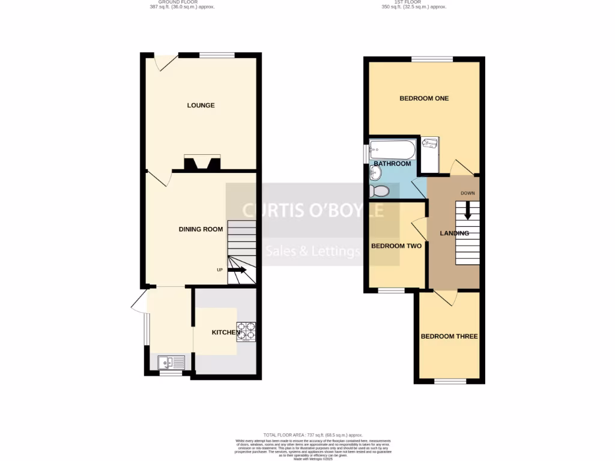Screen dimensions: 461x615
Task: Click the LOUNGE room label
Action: (201, 106)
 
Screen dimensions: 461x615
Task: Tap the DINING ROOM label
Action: (201, 229)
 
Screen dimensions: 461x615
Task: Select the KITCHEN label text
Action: (226, 333)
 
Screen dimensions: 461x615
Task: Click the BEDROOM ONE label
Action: (424, 98)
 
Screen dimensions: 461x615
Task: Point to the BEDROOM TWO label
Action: (396, 246)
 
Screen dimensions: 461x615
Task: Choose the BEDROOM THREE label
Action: (449, 336)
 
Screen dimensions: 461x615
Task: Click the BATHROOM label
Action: (392, 164)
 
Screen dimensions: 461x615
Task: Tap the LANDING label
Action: (454, 234)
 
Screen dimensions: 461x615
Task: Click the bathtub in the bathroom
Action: (392, 148)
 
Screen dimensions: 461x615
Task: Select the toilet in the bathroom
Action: (380, 191)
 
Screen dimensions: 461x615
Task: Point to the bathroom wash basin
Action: (375, 173)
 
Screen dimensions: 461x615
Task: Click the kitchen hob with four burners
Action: (247, 332)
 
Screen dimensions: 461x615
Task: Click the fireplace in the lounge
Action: (202, 163)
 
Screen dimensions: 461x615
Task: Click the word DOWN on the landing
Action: (468, 193)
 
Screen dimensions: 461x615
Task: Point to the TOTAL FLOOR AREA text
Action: (312, 434)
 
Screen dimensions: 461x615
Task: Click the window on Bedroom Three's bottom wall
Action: (450, 381)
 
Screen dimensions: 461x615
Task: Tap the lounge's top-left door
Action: (165, 60)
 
